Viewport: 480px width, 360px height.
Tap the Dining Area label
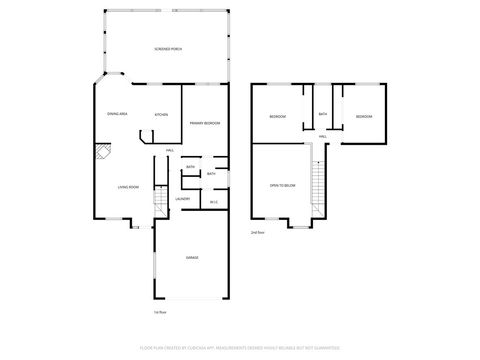pyautogui.click(x=117, y=114)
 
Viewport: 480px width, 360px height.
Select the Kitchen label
pyautogui.click(x=161, y=115)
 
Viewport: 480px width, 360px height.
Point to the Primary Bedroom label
pyautogui.click(x=205, y=123)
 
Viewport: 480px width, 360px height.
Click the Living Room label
pyautogui.click(x=128, y=187)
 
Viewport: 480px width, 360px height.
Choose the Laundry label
pyautogui.click(x=183, y=198)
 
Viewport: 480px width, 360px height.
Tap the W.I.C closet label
pyautogui.click(x=214, y=203)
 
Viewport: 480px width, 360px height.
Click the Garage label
pyautogui.click(x=192, y=257)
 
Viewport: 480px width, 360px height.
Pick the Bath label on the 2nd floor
pyautogui.click(x=323, y=114)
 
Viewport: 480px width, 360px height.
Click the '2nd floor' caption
pyautogui.click(x=258, y=232)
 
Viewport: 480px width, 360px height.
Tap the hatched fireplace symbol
pyautogui.click(x=102, y=152)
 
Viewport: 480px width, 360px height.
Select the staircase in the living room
pyautogui.click(x=160, y=206)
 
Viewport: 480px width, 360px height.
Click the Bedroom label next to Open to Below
pyautogui.click(x=278, y=117)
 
